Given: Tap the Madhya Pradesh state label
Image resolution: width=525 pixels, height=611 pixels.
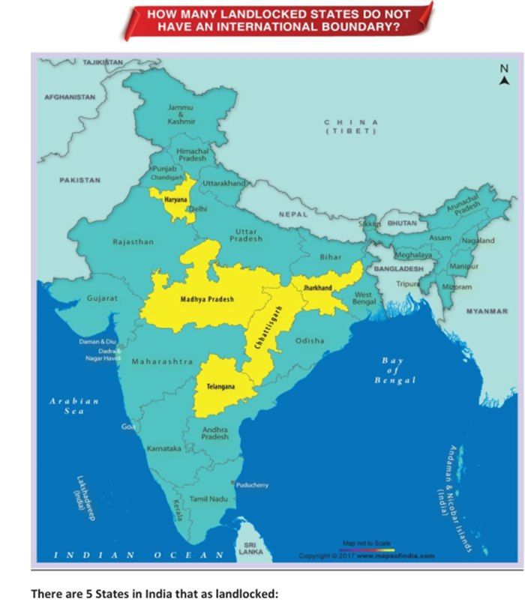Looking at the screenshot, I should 207,299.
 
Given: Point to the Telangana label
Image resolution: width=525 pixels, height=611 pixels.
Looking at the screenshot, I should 220,387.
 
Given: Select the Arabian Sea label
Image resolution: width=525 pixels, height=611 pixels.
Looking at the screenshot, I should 74,406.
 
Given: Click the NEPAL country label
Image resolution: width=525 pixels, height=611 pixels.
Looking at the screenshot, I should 293,214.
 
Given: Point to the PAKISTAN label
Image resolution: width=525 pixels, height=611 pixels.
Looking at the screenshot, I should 80,180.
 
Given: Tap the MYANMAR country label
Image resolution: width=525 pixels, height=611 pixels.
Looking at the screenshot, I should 487,310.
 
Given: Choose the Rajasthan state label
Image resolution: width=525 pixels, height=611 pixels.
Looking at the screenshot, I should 133,242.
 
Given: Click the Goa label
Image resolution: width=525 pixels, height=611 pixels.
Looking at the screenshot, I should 128,426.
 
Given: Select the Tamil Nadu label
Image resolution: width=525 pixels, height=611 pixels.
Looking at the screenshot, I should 208,498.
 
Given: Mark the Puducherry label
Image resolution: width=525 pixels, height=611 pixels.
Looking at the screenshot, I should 252,485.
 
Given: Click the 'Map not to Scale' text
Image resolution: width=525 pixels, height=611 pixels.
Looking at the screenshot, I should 367,543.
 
